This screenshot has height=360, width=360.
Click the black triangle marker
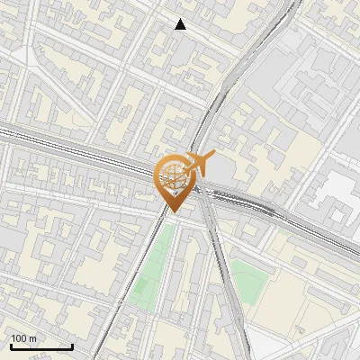point(181,24)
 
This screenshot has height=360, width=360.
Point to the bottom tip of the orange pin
point(173,212)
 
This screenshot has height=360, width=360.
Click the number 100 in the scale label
point(20,338)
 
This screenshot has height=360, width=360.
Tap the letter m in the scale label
point(33,338)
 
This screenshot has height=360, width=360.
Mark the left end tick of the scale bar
point(10,346)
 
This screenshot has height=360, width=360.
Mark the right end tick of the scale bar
point(72,346)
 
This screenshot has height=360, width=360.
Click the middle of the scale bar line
point(40,347)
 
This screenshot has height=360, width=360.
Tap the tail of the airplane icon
point(186,168)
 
